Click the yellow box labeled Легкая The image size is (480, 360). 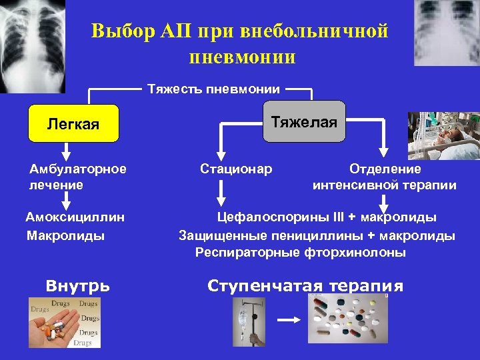(x=73, y=124)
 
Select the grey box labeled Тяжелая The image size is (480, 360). (x=304, y=122)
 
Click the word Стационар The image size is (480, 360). (x=236, y=169)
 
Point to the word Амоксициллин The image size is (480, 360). (x=75, y=217)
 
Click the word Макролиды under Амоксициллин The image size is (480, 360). (x=65, y=235)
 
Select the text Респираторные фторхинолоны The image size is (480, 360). (x=300, y=253)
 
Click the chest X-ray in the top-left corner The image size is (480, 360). (x=32, y=45)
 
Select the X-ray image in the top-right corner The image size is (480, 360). (x=446, y=32)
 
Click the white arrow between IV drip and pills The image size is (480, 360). (x=289, y=320)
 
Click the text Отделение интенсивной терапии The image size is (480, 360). (x=385, y=177)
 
